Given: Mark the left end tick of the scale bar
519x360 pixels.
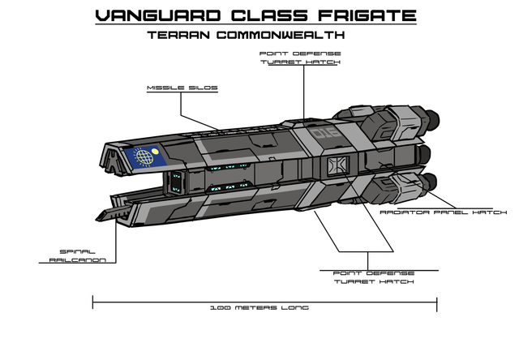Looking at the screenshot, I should [93, 302].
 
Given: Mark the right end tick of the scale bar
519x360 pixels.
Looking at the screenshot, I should [437, 302].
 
